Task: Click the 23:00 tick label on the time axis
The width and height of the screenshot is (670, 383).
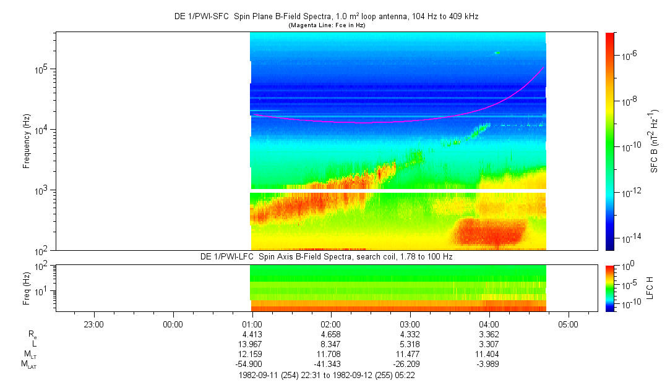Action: [93, 324]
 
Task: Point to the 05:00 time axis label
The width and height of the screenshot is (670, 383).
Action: [568, 324]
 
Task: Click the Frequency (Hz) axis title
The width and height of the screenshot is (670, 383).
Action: [27, 141]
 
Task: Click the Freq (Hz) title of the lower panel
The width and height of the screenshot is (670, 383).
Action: [27, 288]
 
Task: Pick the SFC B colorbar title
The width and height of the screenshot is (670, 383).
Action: [654, 141]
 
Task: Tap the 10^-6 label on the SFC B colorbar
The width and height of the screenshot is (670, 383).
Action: [627, 56]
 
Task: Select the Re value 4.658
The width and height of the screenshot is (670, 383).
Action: [331, 334]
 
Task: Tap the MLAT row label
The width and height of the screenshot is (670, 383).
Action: [29, 364]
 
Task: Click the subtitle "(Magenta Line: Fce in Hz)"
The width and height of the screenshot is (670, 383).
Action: [327, 25]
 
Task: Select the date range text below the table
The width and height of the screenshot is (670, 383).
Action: [327, 376]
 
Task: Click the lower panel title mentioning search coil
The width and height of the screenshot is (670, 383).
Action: [327, 257]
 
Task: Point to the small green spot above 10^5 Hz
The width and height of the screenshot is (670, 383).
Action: [497, 53]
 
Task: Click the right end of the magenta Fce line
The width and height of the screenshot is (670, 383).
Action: [544, 67]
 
